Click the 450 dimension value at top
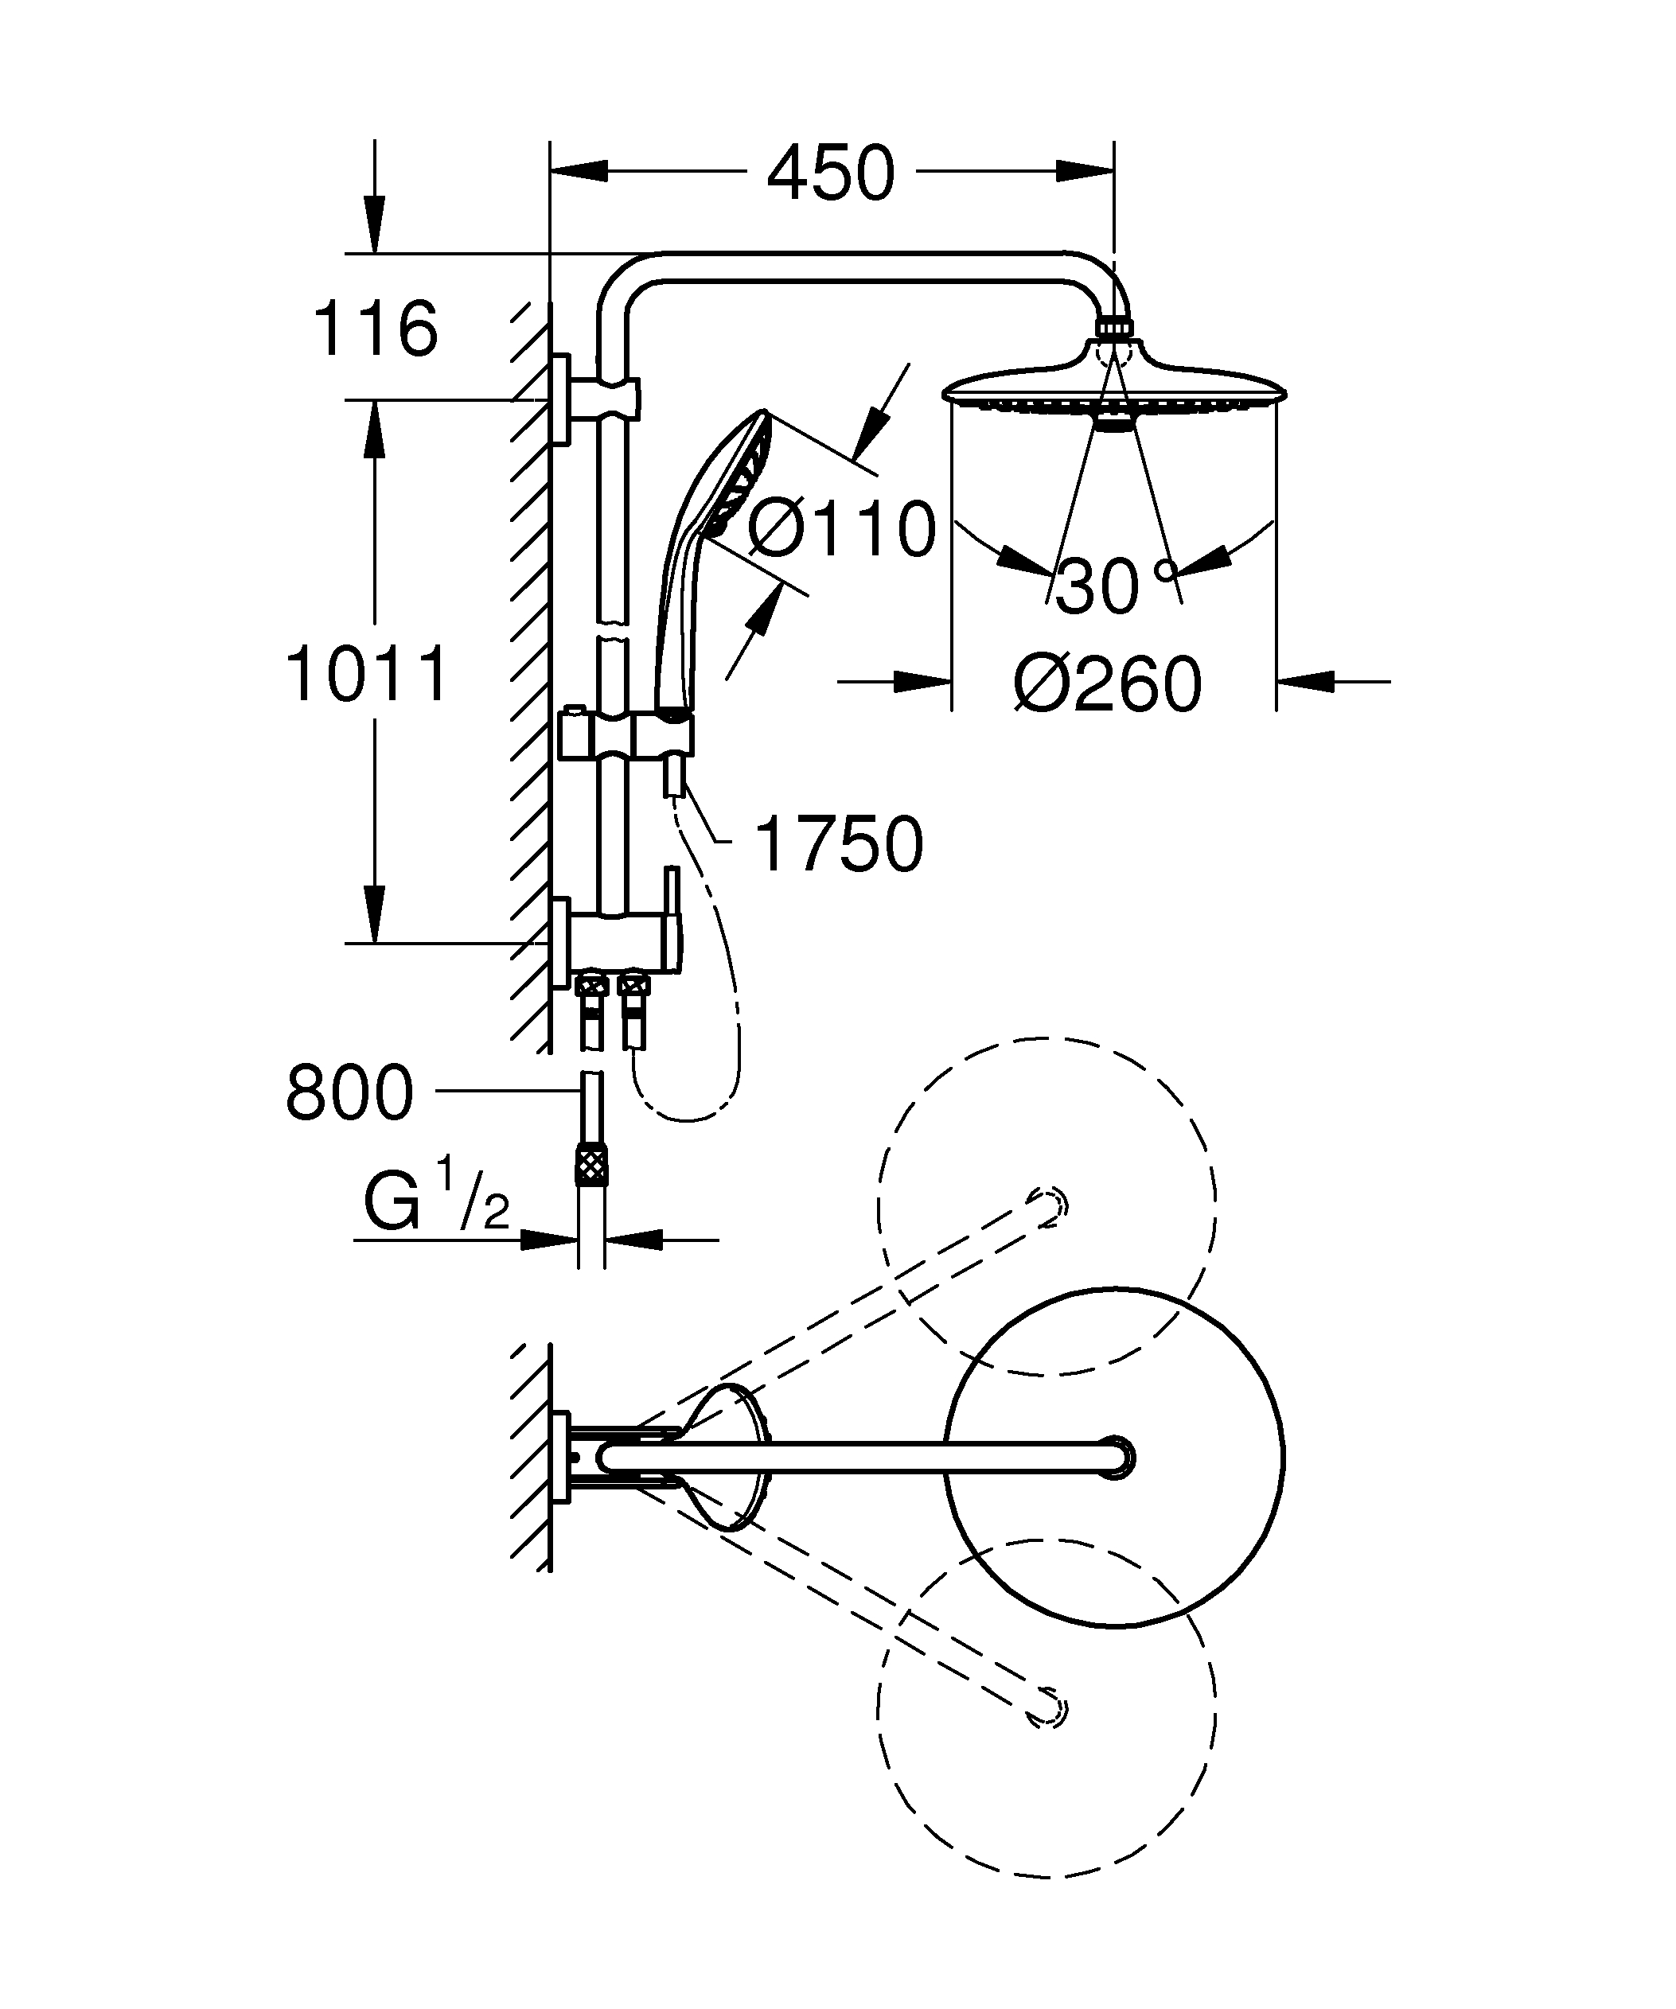click(x=830, y=174)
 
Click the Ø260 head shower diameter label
click(x=1108, y=685)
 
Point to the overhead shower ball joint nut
click(x=1113, y=328)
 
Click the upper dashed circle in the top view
click(x=1047, y=1206)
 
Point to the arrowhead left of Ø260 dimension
click(x=924, y=682)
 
